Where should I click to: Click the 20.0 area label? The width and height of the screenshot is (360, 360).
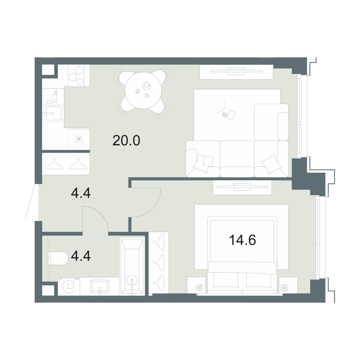point(126,141)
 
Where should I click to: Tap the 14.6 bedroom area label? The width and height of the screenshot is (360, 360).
point(242,240)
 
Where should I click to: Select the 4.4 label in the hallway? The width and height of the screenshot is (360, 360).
point(81,193)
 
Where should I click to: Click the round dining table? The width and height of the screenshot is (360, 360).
point(144,91)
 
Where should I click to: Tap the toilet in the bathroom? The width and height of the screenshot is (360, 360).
point(58,258)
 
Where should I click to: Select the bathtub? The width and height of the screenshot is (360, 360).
point(132,266)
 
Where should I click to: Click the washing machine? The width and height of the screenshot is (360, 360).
point(69,286)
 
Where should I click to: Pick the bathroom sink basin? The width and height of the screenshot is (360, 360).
point(100,286)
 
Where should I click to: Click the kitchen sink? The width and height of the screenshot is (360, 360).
point(54,113)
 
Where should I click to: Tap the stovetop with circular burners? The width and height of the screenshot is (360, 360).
point(79,76)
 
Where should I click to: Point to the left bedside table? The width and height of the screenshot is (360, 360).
point(196,285)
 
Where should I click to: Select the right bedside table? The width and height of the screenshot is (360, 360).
point(288,285)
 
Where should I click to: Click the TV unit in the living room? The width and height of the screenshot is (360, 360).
point(236,72)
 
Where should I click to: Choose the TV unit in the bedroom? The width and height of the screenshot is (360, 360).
point(242,188)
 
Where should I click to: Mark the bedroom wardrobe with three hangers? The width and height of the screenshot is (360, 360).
point(159,263)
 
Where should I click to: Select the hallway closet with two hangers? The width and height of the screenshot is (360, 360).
point(66,164)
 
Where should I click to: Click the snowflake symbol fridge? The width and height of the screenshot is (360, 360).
point(79,139)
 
